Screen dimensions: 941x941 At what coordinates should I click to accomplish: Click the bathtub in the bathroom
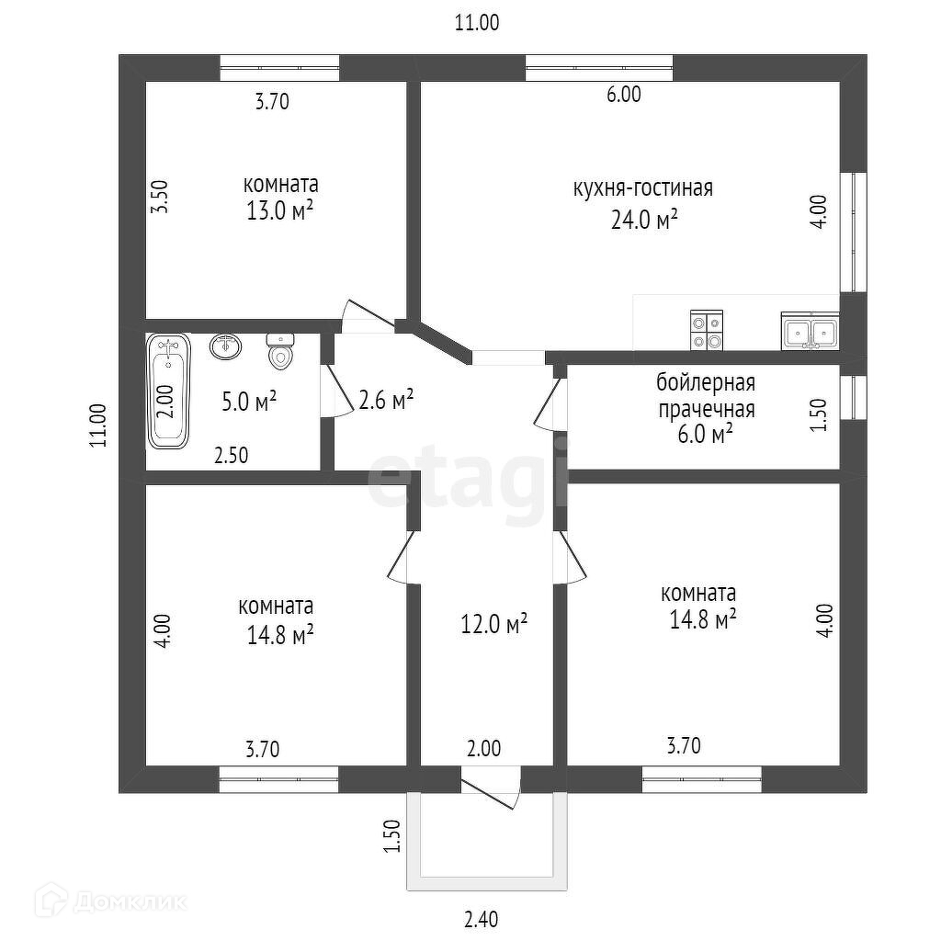[x=169, y=391]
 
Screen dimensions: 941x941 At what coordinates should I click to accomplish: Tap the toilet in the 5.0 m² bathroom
[x=280, y=351]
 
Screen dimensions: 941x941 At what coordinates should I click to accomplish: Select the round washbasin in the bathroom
[x=226, y=346]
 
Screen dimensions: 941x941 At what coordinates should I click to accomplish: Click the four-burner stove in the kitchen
[x=707, y=330]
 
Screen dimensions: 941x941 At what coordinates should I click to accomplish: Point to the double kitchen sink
[x=810, y=331]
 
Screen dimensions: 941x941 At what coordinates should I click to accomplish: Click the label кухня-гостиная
[x=643, y=188]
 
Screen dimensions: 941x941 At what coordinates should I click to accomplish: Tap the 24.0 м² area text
[x=644, y=220]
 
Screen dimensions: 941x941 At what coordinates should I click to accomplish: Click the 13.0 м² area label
[x=280, y=210]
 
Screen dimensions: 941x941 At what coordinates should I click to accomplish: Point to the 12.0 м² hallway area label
[x=493, y=624]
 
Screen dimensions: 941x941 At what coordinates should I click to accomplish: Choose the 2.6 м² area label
[x=387, y=400]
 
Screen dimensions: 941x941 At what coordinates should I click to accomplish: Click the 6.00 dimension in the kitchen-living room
[x=624, y=95]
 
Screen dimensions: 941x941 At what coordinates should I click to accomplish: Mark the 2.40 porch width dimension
[x=482, y=919]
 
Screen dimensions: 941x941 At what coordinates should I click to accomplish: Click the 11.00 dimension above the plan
[x=477, y=22]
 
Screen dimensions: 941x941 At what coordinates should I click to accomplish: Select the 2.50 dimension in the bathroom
[x=232, y=456]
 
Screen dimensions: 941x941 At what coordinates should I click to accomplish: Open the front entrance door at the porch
[x=489, y=788]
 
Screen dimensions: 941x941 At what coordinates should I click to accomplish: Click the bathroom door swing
[x=337, y=391]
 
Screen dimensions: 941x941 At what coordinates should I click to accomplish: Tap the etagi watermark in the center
[x=468, y=478]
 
